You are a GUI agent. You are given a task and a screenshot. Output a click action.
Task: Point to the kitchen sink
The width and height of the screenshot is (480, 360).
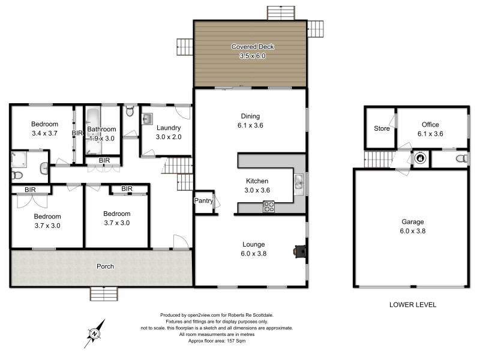[x=298, y=181]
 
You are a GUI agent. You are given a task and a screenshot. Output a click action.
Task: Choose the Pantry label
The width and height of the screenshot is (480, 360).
[x=203, y=202]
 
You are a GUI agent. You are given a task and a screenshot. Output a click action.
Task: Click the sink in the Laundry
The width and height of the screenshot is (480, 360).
[x=147, y=119]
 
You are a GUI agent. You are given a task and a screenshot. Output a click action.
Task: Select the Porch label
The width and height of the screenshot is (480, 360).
[x=106, y=266]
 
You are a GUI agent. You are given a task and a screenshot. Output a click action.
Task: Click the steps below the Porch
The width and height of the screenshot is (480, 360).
[x=103, y=293]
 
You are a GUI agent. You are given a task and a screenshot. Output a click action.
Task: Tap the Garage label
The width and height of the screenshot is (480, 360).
[x=411, y=221]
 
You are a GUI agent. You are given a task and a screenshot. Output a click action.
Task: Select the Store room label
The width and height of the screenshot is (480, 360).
[x=381, y=128]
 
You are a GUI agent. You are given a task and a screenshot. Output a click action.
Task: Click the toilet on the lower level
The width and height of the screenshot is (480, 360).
[x=461, y=159]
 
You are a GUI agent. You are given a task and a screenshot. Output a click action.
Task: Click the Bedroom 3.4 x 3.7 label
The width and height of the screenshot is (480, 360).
[x=44, y=128]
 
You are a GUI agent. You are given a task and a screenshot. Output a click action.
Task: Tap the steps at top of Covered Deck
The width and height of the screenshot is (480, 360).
[x=281, y=13]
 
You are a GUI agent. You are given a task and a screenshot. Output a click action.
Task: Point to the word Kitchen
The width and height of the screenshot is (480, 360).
[x=257, y=181]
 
